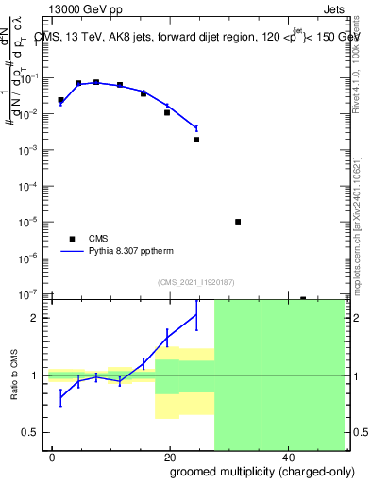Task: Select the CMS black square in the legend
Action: pos(72,239)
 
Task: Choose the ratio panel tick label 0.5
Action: pos(32,432)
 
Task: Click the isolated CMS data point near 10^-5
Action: pos(238,222)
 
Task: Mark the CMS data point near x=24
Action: pos(196,140)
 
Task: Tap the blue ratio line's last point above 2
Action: pos(196,314)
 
